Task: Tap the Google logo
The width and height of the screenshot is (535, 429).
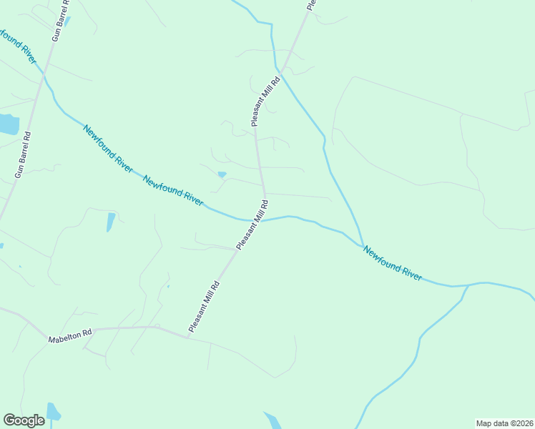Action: click(x=24, y=420)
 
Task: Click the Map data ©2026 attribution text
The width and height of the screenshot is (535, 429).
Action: click(x=504, y=423)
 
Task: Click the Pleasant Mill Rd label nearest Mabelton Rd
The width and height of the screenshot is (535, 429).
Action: click(x=204, y=307)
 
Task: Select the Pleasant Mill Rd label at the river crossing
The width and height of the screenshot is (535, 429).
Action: click(x=252, y=225)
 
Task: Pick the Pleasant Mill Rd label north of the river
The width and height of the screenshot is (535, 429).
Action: click(x=265, y=101)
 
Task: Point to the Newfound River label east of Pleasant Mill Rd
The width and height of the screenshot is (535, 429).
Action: click(x=392, y=262)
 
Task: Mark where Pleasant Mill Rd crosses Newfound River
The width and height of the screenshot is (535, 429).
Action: click(x=262, y=220)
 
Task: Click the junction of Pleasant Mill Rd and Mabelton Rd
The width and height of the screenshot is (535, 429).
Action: click(x=187, y=337)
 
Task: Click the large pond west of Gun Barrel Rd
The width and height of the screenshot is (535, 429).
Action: click(x=7, y=124)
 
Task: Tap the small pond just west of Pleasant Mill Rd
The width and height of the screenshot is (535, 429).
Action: click(x=222, y=174)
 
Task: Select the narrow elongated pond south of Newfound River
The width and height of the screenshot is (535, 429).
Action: click(x=110, y=222)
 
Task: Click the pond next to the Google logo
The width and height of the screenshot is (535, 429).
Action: click(x=53, y=413)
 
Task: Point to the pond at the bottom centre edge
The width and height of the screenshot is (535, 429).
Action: click(x=272, y=420)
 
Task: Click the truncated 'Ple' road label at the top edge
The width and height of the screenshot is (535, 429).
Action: click(x=311, y=4)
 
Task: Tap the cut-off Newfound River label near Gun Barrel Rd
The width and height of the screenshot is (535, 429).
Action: click(x=17, y=44)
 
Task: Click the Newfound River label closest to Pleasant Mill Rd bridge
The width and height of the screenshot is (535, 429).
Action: click(x=173, y=189)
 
